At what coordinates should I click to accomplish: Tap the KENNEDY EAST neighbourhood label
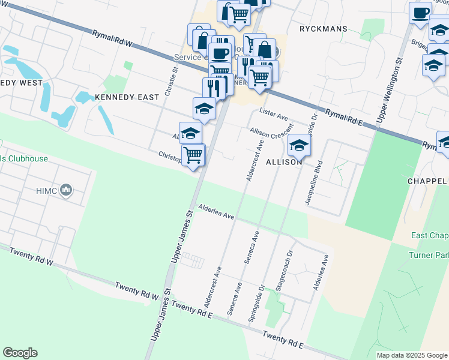[x=126, y=97]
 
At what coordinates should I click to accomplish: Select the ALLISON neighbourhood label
[x=284, y=162]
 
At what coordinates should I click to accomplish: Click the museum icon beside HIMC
[x=67, y=191]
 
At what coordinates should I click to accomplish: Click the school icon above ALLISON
[x=299, y=145]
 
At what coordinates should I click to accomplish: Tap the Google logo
[x=20, y=353]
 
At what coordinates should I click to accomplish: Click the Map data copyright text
[x=412, y=355]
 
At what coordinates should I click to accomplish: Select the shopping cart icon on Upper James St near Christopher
[x=193, y=155]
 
